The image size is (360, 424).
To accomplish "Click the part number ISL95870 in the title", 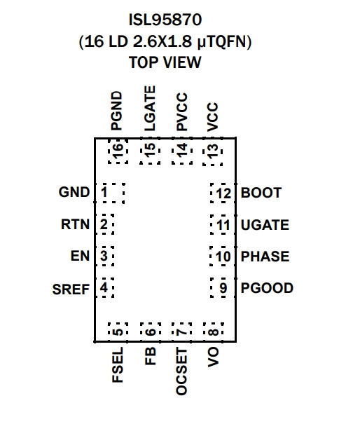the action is click(x=165, y=20).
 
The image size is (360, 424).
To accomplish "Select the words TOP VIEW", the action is click(x=165, y=62).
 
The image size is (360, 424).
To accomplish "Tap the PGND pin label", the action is click(x=117, y=111).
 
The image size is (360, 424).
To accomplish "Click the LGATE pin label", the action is click(x=150, y=109).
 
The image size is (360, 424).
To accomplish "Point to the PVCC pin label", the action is click(x=182, y=112).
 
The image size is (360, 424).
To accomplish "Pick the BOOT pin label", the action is click(x=261, y=193).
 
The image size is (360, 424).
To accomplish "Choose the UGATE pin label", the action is click(x=265, y=225).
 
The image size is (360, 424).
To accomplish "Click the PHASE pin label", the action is click(x=265, y=257).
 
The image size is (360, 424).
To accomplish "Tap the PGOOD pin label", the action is click(x=267, y=288).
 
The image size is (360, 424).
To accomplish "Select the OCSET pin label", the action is click(x=181, y=371).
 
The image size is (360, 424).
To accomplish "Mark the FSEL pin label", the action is click(x=118, y=365).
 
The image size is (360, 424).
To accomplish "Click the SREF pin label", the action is click(x=71, y=289).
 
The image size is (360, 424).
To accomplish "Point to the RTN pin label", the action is click(x=75, y=224).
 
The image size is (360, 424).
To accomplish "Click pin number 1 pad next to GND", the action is click(x=104, y=192).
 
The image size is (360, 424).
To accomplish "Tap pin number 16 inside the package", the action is click(x=118, y=150).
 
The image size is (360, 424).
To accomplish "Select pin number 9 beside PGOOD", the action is click(x=223, y=288).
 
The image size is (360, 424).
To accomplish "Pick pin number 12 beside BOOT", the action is click(x=224, y=193).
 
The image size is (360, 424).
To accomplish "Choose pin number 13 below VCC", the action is click(x=213, y=151).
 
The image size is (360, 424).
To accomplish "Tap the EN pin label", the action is click(x=80, y=256).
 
